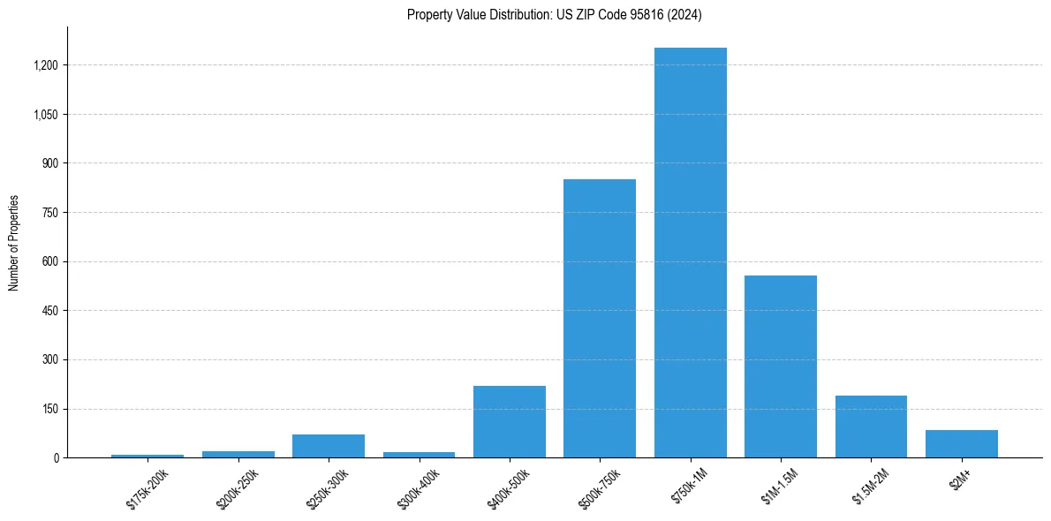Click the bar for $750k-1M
[690, 253]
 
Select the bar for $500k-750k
[600, 318]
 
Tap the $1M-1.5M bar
[780, 366]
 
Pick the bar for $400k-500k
[509, 421]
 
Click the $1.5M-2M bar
[871, 427]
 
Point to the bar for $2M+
[961, 443]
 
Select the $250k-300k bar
[329, 446]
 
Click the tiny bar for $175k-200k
[147, 456]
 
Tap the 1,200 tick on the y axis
[46, 65]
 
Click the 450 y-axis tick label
[50, 311]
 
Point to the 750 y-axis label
[50, 213]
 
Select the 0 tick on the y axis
[56, 457]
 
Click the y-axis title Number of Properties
[13, 243]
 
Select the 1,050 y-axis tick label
[46, 115]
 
